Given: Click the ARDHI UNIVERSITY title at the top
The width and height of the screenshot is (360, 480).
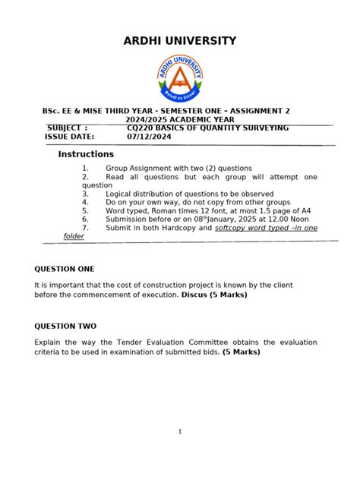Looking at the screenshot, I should click(180, 41).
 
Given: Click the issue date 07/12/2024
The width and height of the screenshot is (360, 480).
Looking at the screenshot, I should click(148, 137).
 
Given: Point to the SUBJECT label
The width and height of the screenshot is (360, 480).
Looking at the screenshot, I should click(67, 128).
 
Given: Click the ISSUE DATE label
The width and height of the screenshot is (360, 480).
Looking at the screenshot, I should click(69, 137).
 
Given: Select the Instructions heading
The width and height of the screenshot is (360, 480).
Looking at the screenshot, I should click(86, 154).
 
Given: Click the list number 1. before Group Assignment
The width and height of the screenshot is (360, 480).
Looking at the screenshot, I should click(85, 167).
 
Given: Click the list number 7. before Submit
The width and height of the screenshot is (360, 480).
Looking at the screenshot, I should click(85, 228).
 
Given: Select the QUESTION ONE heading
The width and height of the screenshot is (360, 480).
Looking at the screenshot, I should click(65, 269).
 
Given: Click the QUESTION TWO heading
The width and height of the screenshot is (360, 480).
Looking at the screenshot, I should click(65, 326).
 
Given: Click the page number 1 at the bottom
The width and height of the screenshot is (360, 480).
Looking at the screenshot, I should click(180, 431).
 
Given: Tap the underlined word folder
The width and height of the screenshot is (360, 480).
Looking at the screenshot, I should click(74, 236).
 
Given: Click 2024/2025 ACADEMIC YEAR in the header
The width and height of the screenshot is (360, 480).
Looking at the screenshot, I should click(180, 119).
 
